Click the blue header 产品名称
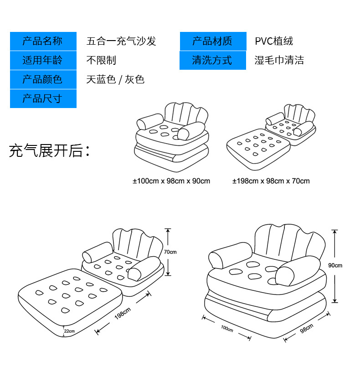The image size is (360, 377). tap(43, 41)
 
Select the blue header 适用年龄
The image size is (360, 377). tap(43, 60)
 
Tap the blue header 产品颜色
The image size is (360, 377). tap(43, 79)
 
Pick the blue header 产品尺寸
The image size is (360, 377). tap(43, 98)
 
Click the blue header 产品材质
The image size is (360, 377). tap(212, 41)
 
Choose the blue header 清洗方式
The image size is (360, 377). tap(212, 60)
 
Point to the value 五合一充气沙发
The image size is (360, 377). tap(121, 41)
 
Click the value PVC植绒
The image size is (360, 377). tap(274, 41)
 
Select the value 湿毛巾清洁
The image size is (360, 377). tap(279, 60)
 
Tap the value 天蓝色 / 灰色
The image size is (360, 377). tap(115, 79)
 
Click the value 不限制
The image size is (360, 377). tap(101, 60)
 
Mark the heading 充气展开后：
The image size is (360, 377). tap(49, 150)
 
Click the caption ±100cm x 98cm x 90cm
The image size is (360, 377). tap(171, 181)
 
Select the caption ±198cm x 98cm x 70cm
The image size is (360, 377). tap(271, 181)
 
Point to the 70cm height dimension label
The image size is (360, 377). tap(170, 252)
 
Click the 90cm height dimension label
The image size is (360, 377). tap(335, 265)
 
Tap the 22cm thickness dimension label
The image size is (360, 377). tap(70, 331)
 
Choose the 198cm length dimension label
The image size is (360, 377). tap(123, 314)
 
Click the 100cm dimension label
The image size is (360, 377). tap(227, 328)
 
